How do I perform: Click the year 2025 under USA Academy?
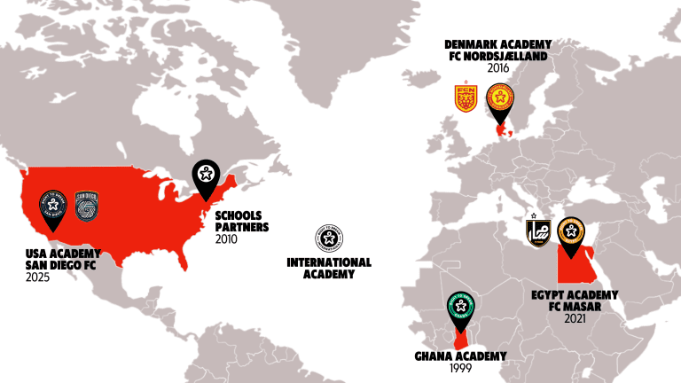[x=37, y=278]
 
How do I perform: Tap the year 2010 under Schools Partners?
[x=227, y=239]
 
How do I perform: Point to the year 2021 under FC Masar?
[x=575, y=317]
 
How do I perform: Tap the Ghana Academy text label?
[x=461, y=356]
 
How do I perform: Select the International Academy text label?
[x=329, y=269]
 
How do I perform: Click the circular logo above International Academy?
[x=329, y=238]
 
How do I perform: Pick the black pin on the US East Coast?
[x=206, y=176]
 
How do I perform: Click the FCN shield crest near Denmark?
[x=466, y=98]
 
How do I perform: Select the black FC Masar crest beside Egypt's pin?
[x=538, y=232]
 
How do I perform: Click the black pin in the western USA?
[x=53, y=207]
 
